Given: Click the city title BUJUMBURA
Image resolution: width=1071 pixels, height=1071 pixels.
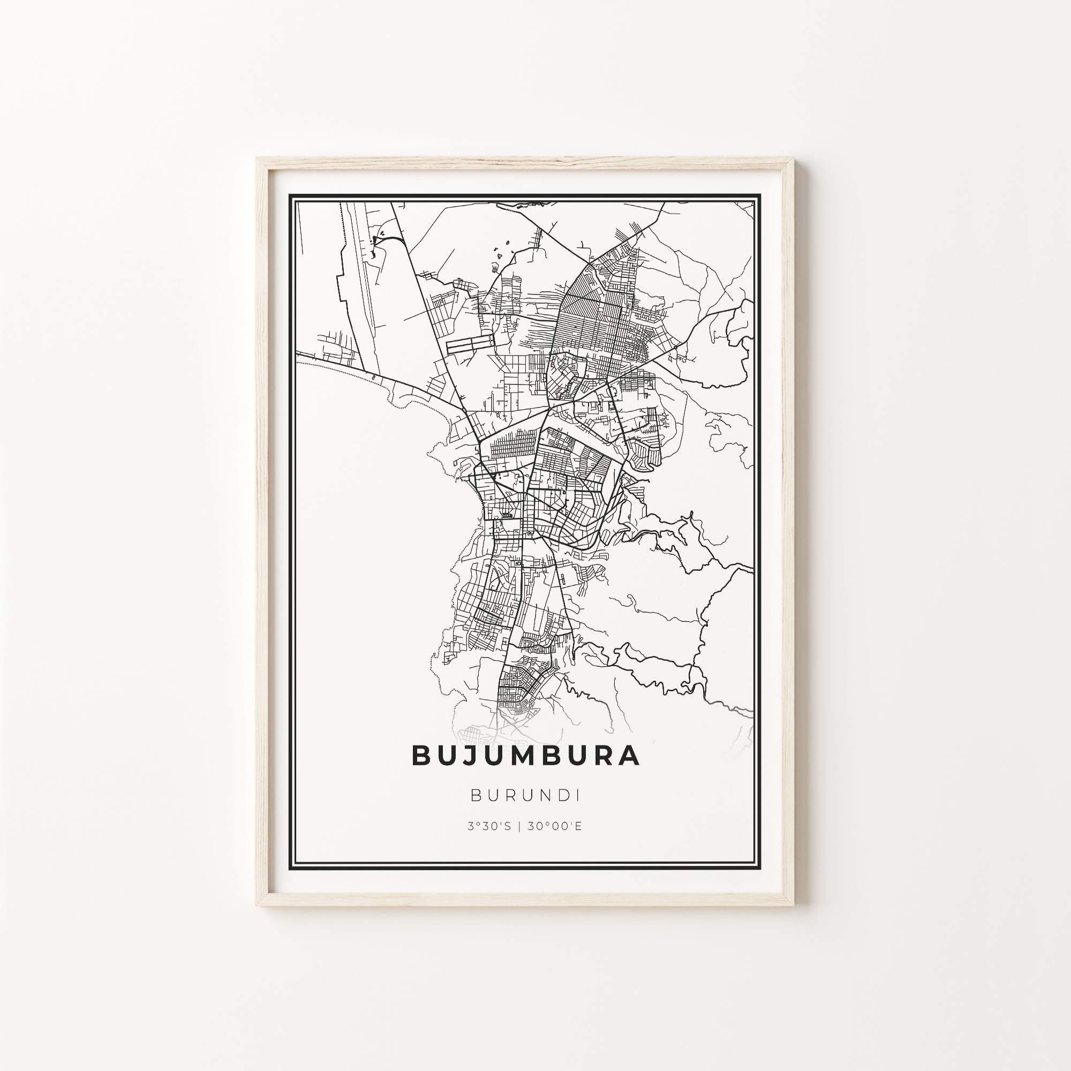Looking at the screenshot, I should [525, 756].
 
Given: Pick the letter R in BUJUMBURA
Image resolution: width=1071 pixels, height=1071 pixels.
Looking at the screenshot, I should [602, 756].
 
